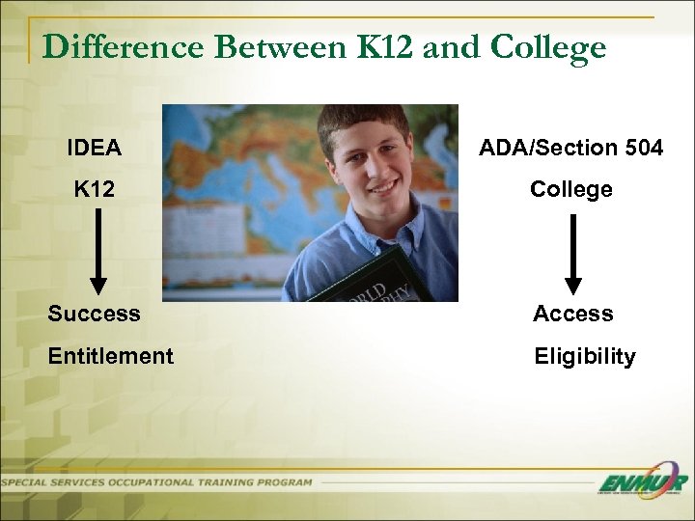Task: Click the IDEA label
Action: (x=94, y=148)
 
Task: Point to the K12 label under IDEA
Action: (x=95, y=189)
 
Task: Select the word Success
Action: (x=94, y=314)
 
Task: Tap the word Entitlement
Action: (x=111, y=356)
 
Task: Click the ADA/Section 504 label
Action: (x=571, y=148)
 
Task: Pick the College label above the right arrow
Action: (x=571, y=189)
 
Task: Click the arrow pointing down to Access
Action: (x=573, y=253)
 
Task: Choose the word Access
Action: (x=573, y=314)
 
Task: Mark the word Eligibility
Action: (x=585, y=356)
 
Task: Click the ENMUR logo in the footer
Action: (x=641, y=483)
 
